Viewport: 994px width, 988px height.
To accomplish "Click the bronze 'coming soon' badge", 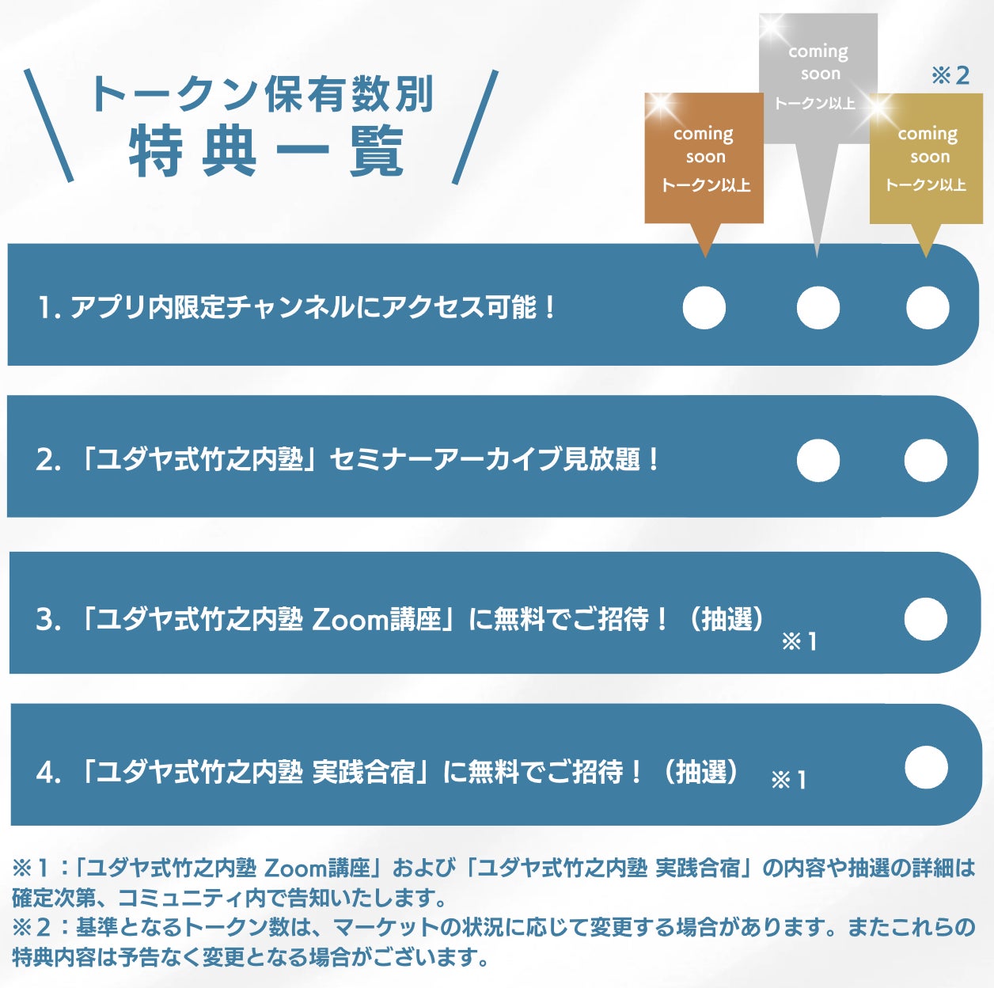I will tap(704, 158).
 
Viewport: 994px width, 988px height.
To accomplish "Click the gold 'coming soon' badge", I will tap(927, 158).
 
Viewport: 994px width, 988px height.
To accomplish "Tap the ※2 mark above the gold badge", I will tap(950, 75).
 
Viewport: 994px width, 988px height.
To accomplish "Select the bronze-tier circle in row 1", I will tap(704, 307).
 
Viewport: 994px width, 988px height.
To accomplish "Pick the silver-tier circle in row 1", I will tap(818, 307).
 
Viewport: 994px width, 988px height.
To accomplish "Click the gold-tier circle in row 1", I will tap(928, 307).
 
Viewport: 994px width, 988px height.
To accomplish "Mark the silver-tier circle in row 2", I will tap(818, 460).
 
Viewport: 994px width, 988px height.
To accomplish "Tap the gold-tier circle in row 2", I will tap(925, 460).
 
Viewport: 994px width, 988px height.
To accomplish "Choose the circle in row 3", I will tap(925, 619).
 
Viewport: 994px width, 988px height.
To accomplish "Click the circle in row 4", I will tap(925, 767).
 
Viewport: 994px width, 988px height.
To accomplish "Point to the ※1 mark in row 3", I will tap(799, 641).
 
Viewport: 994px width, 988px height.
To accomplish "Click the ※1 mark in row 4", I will tap(788, 781).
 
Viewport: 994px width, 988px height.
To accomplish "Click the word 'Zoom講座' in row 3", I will tap(377, 619).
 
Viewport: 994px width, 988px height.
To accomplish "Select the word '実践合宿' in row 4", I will tap(364, 771).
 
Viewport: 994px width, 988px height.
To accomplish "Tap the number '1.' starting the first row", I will tap(49, 307).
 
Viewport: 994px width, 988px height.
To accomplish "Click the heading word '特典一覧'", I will tap(267, 151).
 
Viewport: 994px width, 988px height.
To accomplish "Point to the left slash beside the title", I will tap(48, 125).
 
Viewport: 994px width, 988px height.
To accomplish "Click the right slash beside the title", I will tap(476, 127).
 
